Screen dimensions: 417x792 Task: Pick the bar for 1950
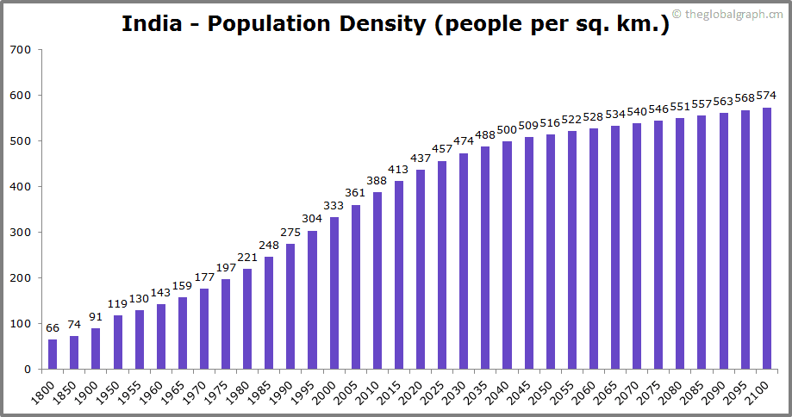pos(118,342)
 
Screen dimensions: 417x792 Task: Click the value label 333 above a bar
pos(334,206)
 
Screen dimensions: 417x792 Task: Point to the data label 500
pos(507,130)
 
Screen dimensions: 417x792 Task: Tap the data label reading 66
pos(53,328)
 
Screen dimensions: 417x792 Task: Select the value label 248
pos(269,245)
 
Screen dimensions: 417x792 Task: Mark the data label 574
pos(766,96)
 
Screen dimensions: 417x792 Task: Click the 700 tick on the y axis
pos(22,50)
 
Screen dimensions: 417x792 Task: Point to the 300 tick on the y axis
pos(22,233)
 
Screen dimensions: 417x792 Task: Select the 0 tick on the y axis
pos(28,370)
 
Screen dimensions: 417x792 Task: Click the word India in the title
pos(151,23)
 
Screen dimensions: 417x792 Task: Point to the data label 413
pos(399,170)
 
